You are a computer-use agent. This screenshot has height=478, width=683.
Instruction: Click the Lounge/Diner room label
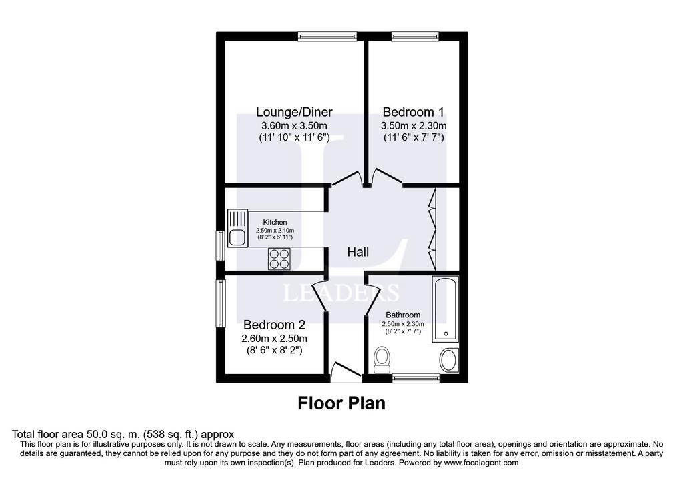pyautogui.click(x=294, y=112)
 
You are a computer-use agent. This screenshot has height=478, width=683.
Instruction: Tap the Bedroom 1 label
pyautogui.click(x=413, y=112)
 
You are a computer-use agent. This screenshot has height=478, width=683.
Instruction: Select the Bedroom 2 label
pyautogui.click(x=274, y=325)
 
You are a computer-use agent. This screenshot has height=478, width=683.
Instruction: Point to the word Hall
pyautogui.click(x=358, y=251)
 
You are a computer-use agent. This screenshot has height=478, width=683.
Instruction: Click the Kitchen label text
pyautogui.click(x=275, y=222)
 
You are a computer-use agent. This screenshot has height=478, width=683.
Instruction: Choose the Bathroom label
pyautogui.click(x=403, y=315)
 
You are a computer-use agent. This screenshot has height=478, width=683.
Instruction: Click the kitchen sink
pyautogui.click(x=237, y=228)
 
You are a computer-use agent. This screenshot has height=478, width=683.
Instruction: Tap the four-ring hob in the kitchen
pyautogui.click(x=279, y=259)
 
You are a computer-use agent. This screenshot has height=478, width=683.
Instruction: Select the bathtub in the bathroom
pyautogui.click(x=445, y=309)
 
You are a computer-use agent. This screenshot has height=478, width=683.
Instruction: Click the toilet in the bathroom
pyautogui.click(x=382, y=360)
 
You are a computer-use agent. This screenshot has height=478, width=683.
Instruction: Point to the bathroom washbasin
pyautogui.click(x=449, y=360)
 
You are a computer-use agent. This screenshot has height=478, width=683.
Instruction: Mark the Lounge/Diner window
pyautogui.click(x=327, y=37)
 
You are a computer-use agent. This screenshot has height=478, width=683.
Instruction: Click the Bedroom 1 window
pyautogui.click(x=415, y=37)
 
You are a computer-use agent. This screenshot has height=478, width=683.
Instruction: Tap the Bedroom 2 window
pyautogui.click(x=221, y=303)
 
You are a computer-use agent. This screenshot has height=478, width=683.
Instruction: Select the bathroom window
pyautogui.click(x=416, y=378)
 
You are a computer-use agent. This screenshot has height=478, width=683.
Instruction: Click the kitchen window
pyautogui.click(x=221, y=246)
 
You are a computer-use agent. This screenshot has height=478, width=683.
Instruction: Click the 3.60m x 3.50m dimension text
pyautogui.click(x=294, y=126)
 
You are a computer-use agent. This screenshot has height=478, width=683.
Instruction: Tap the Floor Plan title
pyautogui.click(x=341, y=403)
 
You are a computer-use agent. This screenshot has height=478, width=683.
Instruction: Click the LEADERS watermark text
pyautogui.click(x=341, y=293)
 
